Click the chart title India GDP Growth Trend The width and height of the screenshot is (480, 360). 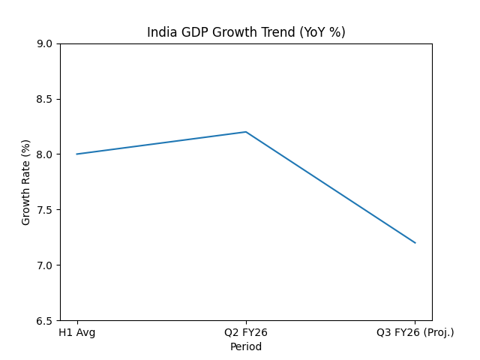point(246,32)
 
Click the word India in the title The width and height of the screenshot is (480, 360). point(159,32)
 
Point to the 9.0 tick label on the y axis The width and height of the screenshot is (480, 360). point(44,43)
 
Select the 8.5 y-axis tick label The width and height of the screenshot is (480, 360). point(44,99)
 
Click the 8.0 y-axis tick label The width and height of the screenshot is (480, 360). point(44,154)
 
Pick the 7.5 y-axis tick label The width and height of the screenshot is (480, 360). point(44,210)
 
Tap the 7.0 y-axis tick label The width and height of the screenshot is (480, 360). point(44,265)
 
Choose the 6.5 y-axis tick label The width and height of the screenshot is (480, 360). point(44,321)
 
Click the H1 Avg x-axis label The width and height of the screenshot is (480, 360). point(76,332)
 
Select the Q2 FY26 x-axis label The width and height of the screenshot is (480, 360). point(246,332)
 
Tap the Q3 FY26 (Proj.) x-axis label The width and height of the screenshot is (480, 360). point(415,332)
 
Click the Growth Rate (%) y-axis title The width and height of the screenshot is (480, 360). point(26,182)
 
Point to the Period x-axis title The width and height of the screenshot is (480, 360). point(246,346)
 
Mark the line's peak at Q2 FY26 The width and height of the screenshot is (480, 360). point(246,132)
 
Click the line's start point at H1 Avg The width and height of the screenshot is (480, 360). point(76,154)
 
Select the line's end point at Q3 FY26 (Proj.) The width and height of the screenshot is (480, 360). point(415,243)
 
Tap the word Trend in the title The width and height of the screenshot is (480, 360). point(280,32)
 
